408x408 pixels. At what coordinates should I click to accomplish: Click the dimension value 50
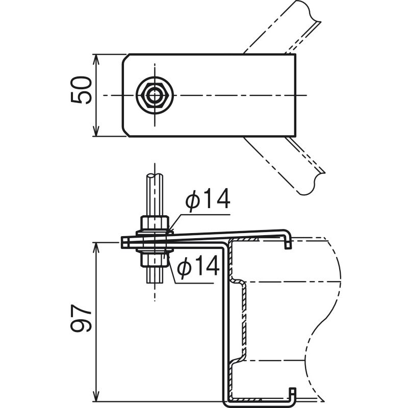[82, 90]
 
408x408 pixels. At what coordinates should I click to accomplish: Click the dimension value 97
[82, 318]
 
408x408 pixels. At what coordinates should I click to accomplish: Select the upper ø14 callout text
[208, 199]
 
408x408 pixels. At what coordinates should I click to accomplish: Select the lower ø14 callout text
[198, 265]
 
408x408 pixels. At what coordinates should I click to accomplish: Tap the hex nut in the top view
[155, 95]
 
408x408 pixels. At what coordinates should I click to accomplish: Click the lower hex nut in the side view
[155, 260]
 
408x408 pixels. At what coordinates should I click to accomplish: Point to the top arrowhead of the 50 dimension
[96, 59]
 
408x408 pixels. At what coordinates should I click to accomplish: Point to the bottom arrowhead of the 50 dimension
[96, 132]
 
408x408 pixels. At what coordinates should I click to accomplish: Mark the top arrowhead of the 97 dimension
[96, 247]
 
